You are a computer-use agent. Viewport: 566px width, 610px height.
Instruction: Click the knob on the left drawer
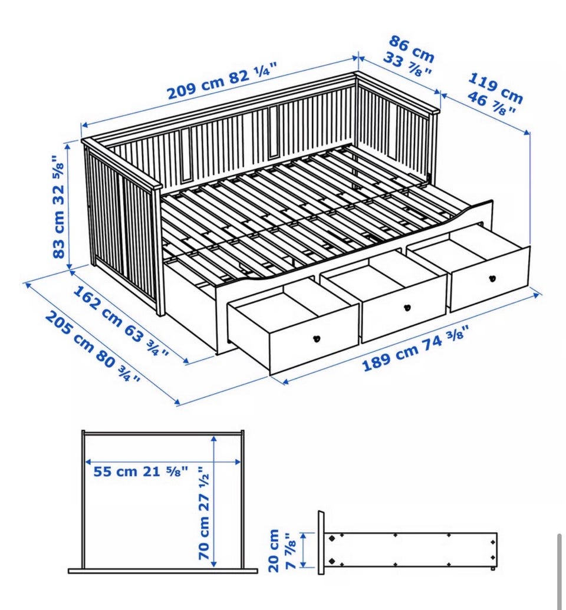317,338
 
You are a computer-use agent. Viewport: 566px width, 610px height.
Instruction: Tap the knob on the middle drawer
407,307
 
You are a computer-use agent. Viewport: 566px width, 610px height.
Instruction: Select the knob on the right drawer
492,279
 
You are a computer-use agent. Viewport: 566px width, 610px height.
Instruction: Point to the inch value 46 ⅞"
491,104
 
